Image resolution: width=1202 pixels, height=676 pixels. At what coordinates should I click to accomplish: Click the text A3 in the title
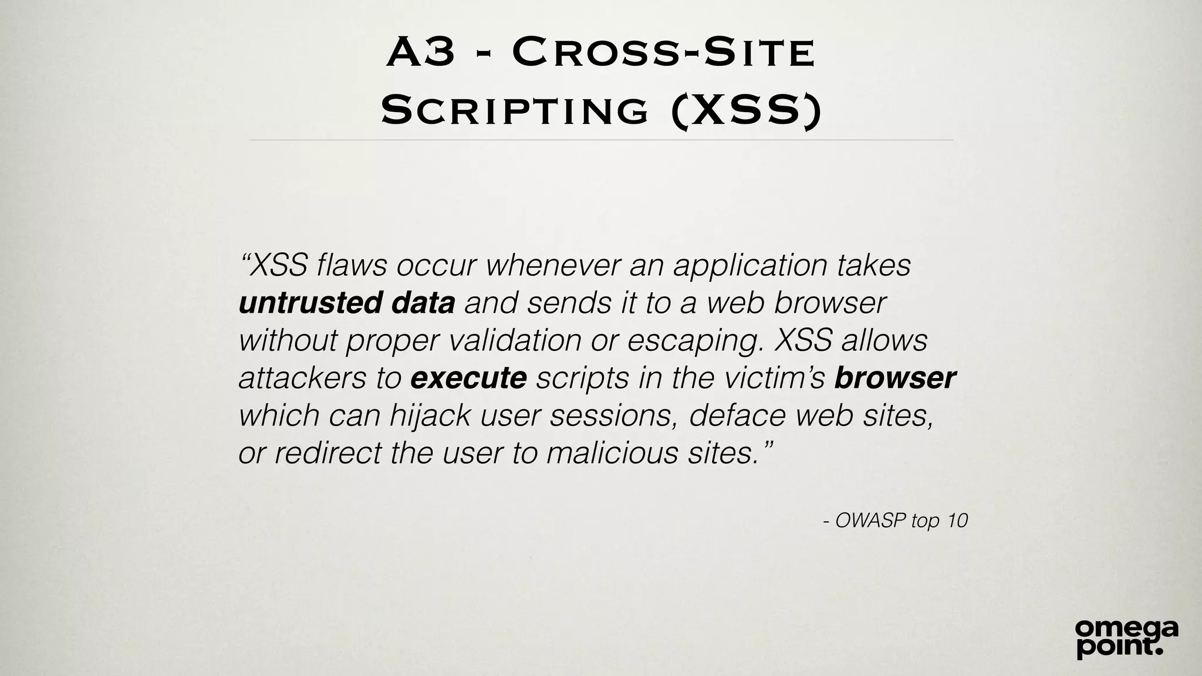(x=421, y=52)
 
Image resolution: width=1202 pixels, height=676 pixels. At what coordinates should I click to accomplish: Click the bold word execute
(x=468, y=378)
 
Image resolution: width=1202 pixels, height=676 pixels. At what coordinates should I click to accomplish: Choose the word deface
(x=737, y=415)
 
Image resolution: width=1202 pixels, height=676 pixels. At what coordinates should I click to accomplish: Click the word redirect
(x=327, y=453)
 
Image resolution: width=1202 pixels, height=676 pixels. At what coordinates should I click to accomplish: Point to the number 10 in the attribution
(x=957, y=520)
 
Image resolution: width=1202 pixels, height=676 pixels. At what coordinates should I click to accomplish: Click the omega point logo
(x=1126, y=638)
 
